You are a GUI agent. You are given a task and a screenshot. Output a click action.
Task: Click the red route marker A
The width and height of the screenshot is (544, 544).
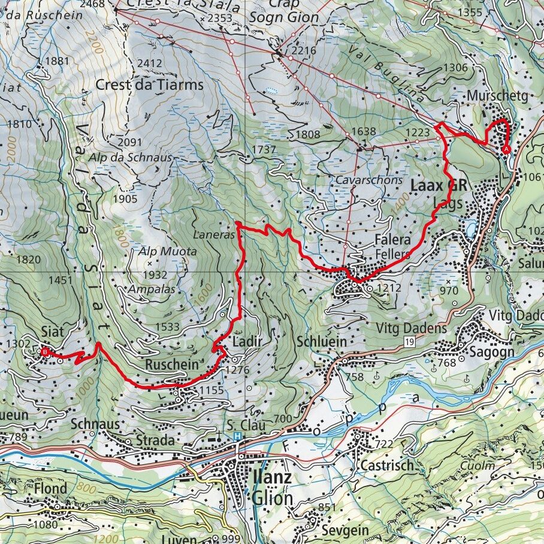[x=506, y=148]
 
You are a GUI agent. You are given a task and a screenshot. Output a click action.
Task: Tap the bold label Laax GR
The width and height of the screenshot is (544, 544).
[x=437, y=186]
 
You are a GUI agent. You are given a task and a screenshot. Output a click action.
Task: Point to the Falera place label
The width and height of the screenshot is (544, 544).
[x=392, y=240]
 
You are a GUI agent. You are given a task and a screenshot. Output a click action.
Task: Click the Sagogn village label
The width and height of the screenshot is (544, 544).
[x=494, y=352]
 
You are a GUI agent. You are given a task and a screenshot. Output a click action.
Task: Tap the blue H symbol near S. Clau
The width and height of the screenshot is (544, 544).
[x=238, y=437]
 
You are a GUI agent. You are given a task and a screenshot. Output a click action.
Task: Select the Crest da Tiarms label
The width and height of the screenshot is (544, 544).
[x=149, y=85]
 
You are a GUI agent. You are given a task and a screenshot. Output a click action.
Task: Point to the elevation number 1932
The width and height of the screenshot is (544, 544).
[x=155, y=274]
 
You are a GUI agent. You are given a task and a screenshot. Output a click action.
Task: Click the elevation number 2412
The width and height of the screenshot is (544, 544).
[x=150, y=62]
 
